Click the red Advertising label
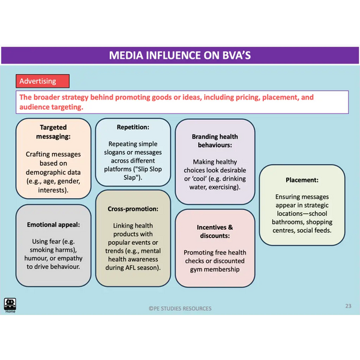point(38,81)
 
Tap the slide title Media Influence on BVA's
point(180,55)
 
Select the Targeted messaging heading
point(53,132)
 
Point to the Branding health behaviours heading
point(215,141)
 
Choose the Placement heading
point(302,179)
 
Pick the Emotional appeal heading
point(53,225)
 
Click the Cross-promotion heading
point(133,209)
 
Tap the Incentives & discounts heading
point(215,232)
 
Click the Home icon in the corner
point(10,305)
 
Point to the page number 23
point(348,306)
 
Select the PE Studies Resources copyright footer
point(180,308)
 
